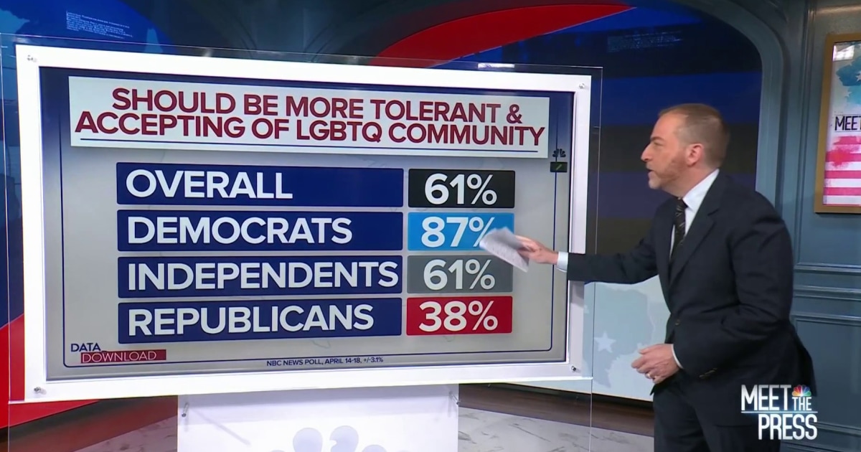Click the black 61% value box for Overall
461,189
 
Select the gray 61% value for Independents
460,276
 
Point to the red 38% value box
459,316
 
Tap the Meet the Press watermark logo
778,411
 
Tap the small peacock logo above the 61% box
558,154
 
